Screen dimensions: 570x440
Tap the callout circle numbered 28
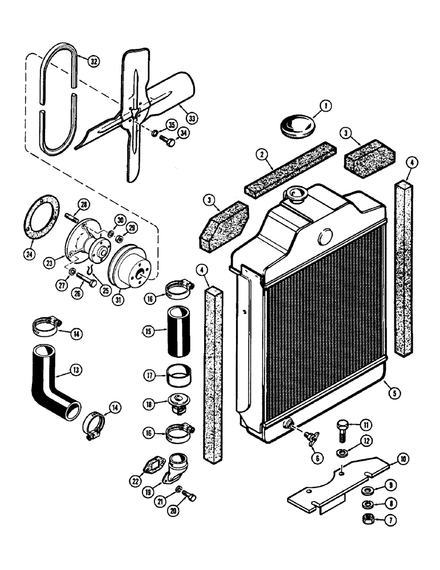[x=84, y=205]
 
